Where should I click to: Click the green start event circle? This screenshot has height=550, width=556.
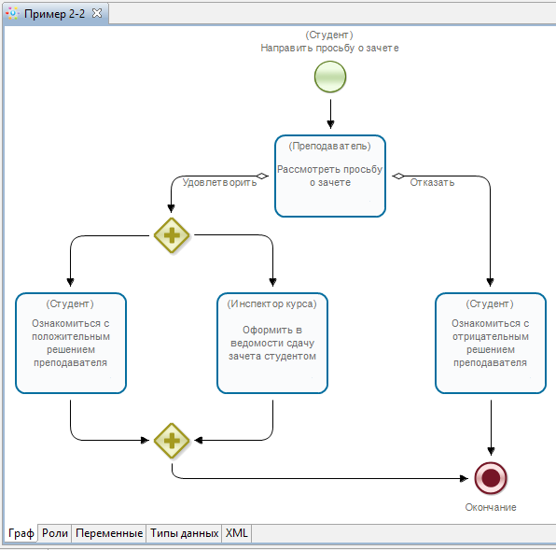pyautogui.click(x=330, y=77)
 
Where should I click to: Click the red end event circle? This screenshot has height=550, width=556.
pyautogui.click(x=491, y=478)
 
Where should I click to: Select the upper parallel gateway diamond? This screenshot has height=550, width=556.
pyautogui.click(x=172, y=235)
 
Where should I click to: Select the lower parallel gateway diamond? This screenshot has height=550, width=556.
pyautogui.click(x=172, y=441)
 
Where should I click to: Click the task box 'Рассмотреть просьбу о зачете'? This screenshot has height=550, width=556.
pyautogui.click(x=330, y=176)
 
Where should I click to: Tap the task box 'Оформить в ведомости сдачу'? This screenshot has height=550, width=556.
pyautogui.click(x=272, y=343)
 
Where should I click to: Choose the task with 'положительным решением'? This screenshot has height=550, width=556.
pyautogui.click(x=71, y=343)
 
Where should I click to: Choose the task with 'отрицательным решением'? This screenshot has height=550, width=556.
pyautogui.click(x=491, y=343)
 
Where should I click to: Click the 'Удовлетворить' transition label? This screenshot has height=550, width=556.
pyautogui.click(x=219, y=182)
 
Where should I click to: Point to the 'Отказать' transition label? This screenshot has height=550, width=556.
pyautogui.click(x=432, y=182)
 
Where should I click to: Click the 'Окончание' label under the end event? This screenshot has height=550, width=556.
pyautogui.click(x=491, y=507)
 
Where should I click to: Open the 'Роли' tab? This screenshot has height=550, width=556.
pyautogui.click(x=55, y=533)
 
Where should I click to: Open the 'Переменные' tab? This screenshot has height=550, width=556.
pyautogui.click(x=109, y=533)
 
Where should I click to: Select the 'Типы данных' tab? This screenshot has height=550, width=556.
pyautogui.click(x=184, y=533)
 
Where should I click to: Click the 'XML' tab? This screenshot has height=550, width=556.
pyautogui.click(x=237, y=533)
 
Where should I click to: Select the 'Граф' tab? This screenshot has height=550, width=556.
pyautogui.click(x=21, y=533)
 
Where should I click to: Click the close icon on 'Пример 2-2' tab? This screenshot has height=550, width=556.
pyautogui.click(x=97, y=13)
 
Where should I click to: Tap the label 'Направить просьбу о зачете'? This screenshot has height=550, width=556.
pyautogui.click(x=329, y=48)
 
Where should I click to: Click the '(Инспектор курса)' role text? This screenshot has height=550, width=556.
pyautogui.click(x=272, y=303)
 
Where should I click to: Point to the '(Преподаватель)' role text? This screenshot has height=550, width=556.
pyautogui.click(x=329, y=147)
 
